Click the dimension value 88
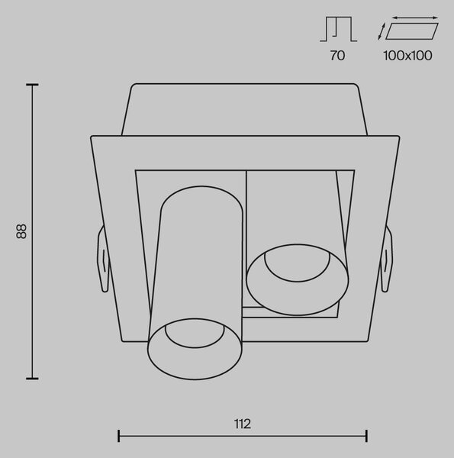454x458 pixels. [21, 231]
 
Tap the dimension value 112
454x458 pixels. [243, 424]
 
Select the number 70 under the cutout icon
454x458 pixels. [337, 56]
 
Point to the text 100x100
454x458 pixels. [407, 56]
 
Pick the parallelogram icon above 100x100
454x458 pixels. [412, 31]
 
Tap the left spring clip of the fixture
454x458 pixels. [103, 259]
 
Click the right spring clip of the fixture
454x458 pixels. [386, 259]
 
